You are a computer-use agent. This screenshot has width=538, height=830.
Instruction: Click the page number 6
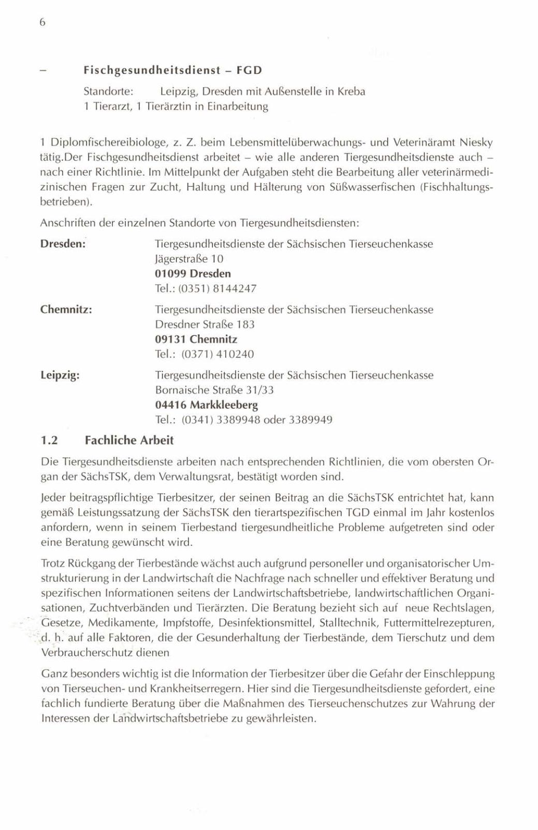click(x=43, y=22)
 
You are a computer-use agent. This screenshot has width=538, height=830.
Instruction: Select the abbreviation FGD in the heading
click(x=250, y=70)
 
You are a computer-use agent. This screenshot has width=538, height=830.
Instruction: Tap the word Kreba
click(x=352, y=92)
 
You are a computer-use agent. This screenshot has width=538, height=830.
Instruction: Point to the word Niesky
click(x=476, y=142)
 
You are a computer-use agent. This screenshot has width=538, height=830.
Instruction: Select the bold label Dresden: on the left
click(x=63, y=244)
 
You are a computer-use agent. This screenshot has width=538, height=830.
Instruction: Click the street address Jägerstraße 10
click(x=189, y=259)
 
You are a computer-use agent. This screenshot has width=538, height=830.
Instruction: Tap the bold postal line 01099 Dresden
click(x=193, y=274)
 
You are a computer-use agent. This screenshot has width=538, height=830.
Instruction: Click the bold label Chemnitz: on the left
click(x=66, y=309)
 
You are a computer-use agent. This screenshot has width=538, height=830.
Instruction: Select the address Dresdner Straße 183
click(x=205, y=324)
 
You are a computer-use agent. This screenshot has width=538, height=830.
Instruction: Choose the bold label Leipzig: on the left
click(x=60, y=375)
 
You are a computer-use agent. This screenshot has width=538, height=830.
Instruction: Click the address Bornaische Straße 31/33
click(x=214, y=390)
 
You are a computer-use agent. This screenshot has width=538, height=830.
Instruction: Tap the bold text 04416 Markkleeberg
click(x=206, y=405)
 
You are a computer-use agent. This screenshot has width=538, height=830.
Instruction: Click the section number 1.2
click(x=50, y=440)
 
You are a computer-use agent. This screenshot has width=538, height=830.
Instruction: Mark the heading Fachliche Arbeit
click(x=129, y=440)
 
